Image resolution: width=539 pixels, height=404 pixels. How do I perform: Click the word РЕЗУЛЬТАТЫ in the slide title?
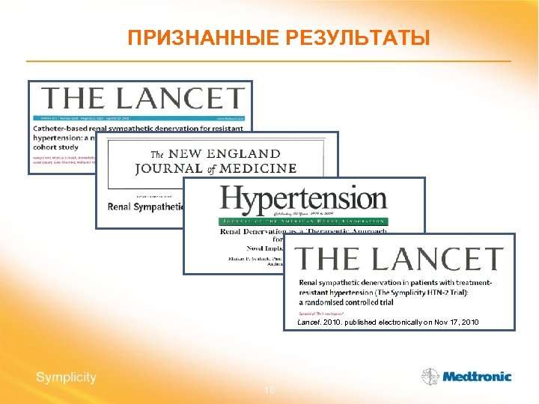click(x=359, y=37)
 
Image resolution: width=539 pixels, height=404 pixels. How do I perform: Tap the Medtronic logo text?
click(x=477, y=377)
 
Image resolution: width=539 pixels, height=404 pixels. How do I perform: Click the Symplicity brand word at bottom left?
click(x=66, y=377)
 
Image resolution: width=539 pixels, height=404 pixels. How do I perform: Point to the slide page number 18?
click(x=269, y=392)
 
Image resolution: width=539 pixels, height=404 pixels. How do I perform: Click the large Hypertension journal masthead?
click(x=303, y=200)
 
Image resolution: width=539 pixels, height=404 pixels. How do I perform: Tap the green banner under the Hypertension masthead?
click(x=303, y=221)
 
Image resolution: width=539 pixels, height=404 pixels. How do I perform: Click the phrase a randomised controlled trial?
click(x=352, y=302)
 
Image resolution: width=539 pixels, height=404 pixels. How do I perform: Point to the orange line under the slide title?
click(x=269, y=61)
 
